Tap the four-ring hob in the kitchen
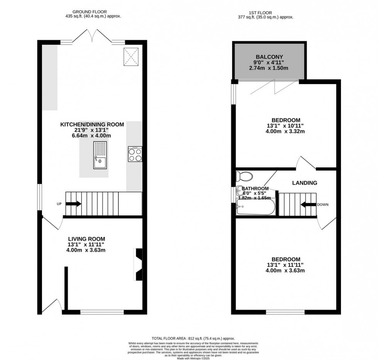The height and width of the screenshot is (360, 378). [135, 154]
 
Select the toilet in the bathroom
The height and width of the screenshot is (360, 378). [244, 177]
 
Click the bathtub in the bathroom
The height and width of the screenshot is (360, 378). [256, 209]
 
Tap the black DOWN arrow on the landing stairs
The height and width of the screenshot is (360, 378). [308, 205]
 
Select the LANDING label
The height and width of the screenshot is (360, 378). [304, 183]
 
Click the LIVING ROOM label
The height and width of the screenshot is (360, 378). [86, 239]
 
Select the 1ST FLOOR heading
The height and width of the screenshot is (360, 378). [266, 12]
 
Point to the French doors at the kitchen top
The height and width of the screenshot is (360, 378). [92, 38]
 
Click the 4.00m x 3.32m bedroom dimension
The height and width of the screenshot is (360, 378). [285, 131]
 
